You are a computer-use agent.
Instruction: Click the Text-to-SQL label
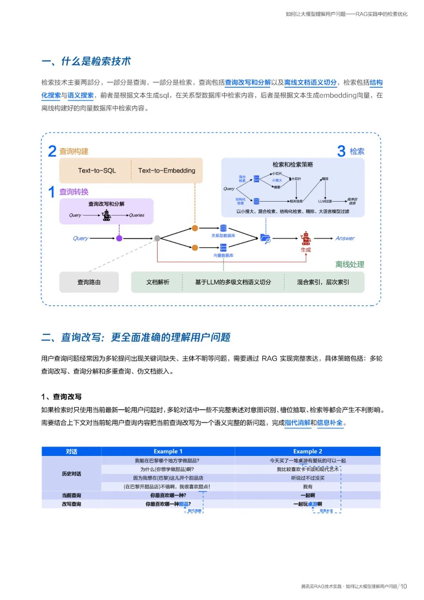click(97, 171)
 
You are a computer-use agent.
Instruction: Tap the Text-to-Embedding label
click(166, 171)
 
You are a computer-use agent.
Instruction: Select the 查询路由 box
click(89, 282)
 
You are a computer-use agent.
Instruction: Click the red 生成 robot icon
click(306, 238)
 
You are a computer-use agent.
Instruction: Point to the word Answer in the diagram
click(345, 238)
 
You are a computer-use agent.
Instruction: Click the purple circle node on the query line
click(119, 238)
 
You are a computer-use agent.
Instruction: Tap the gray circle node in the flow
click(157, 238)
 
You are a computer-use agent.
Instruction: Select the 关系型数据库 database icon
click(223, 228)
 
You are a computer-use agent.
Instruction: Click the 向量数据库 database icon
click(223, 248)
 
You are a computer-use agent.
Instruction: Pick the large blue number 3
click(341, 151)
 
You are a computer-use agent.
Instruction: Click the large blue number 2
click(52, 151)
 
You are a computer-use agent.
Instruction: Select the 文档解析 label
click(158, 282)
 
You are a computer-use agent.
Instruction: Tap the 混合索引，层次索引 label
click(323, 282)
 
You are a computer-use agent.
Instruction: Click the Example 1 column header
click(168, 451)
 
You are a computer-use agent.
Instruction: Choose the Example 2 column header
click(307, 451)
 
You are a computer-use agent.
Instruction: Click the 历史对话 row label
click(71, 474)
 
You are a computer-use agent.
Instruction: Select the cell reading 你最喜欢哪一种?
click(168, 495)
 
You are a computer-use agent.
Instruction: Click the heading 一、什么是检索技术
click(86, 61)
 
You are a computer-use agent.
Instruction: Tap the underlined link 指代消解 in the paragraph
click(298, 423)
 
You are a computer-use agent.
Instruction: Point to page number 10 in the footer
click(404, 586)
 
